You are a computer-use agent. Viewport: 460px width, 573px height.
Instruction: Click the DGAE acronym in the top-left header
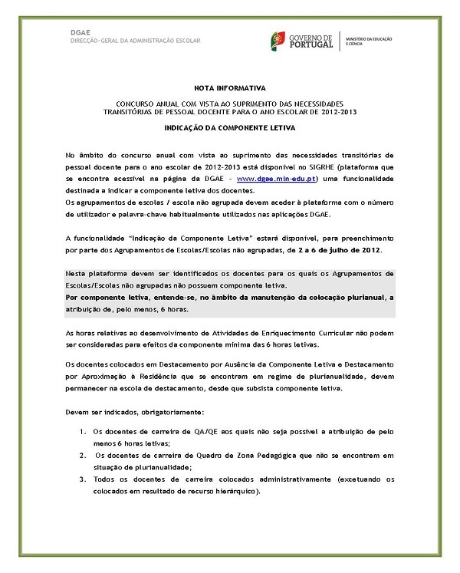pyautogui.click(x=80, y=31)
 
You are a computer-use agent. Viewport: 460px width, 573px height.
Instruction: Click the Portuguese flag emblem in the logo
pyautogui.click(x=278, y=40)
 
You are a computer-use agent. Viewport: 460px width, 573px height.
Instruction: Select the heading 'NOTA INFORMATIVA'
pyautogui.click(x=229, y=88)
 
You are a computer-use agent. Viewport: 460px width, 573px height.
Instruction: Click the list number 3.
pyautogui.click(x=84, y=479)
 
